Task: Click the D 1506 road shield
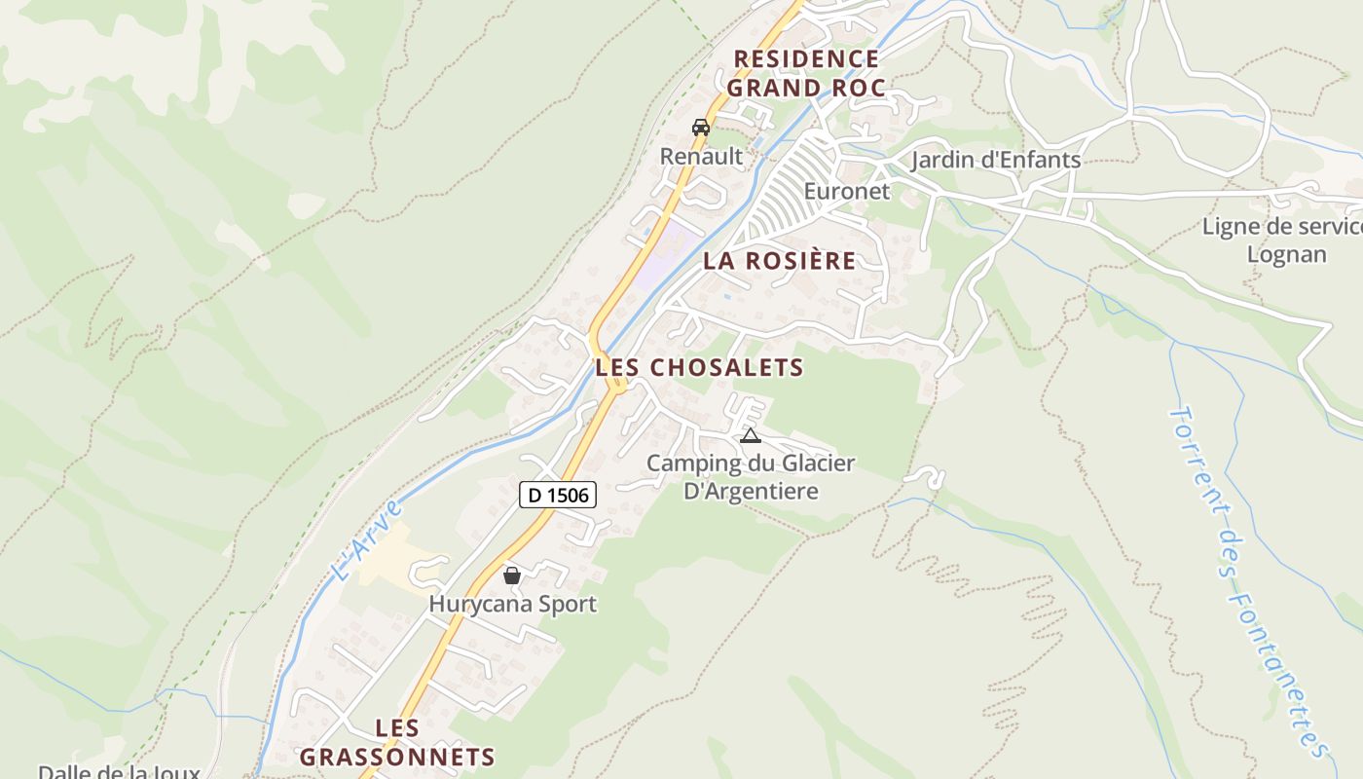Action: click(557, 495)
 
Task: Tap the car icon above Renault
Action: click(700, 128)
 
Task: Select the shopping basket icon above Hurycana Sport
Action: click(512, 575)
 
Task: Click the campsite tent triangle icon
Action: click(750, 435)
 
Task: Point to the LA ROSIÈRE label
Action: click(780, 261)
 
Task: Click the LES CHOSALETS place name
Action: click(700, 367)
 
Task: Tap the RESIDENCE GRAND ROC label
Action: click(806, 73)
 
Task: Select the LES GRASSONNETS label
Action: click(397, 742)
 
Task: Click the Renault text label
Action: click(701, 156)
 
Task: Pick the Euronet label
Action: click(847, 191)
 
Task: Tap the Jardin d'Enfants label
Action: click(996, 160)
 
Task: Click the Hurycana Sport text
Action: click(513, 604)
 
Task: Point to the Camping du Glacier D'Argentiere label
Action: click(751, 476)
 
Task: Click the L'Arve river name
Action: click(366, 540)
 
